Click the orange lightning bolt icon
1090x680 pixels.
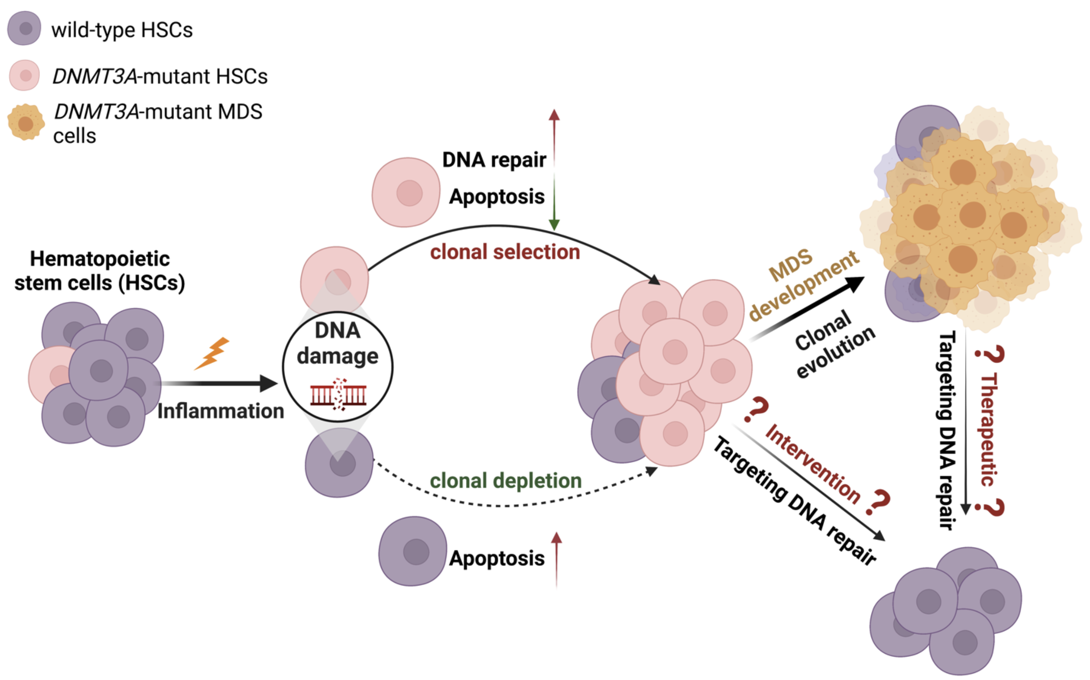(212, 353)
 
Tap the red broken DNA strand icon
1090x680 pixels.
(338, 395)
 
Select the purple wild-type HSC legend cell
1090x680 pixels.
(24, 28)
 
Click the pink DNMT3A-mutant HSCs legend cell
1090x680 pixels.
(25, 75)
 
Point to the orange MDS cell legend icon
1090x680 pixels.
(25, 123)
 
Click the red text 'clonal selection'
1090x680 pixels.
(505, 252)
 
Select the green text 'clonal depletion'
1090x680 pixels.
(506, 481)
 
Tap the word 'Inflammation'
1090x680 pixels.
(221, 411)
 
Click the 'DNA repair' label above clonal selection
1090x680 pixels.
(494, 160)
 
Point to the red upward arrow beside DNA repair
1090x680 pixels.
(554, 135)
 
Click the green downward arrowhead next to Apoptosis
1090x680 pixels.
(554, 224)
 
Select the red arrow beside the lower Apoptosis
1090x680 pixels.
(556, 557)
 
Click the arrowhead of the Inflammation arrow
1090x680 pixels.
(269, 383)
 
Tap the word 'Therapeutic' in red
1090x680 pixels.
(989, 429)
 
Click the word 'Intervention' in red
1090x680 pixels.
(812, 463)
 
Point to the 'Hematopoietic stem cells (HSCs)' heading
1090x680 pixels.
(100, 271)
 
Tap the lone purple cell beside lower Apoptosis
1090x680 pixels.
(413, 551)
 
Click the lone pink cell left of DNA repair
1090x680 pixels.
(406, 192)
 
